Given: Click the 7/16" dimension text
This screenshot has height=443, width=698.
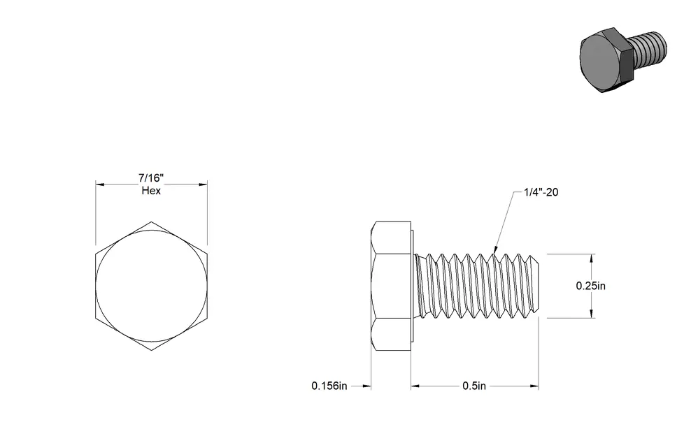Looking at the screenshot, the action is click(x=151, y=178).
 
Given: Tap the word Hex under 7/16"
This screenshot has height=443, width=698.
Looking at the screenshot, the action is click(x=151, y=190).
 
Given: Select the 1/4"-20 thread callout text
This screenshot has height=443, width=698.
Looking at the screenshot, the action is click(x=541, y=192).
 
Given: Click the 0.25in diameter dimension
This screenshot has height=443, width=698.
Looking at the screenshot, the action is click(x=591, y=286).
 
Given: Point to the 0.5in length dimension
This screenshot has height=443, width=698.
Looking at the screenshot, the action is click(x=474, y=386).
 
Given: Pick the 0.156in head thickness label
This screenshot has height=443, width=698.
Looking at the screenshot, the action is click(x=329, y=386).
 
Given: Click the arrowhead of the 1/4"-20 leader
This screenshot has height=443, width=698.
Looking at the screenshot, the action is click(x=495, y=251).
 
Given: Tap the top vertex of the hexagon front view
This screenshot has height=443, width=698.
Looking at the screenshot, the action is click(x=151, y=221).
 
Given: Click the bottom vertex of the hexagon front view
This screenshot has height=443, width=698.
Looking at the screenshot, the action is click(x=151, y=350).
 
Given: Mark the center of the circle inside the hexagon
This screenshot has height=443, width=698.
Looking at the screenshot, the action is click(x=151, y=286).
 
